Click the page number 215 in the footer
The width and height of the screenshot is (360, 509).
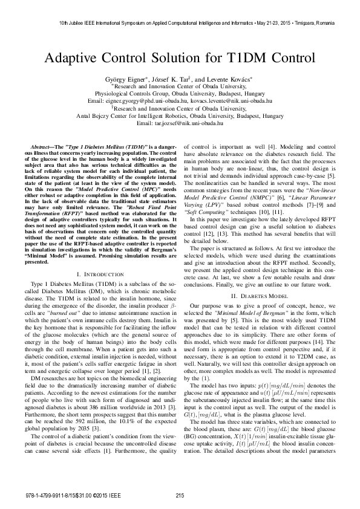pyautogui.click(x=180, y=495)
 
